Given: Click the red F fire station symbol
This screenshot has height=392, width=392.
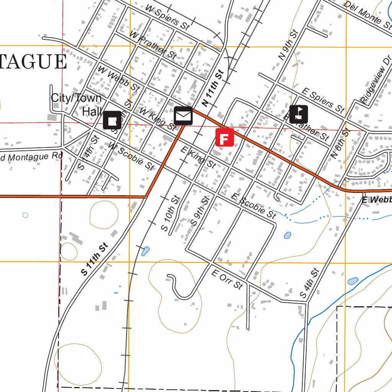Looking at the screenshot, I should tap(225, 137).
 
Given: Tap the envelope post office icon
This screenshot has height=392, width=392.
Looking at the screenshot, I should tap(183, 116).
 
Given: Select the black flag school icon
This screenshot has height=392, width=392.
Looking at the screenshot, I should tap(299, 114).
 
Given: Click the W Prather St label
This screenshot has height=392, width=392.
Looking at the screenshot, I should tap(153, 45).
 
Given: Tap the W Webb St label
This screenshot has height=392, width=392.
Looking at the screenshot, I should tap(118, 78).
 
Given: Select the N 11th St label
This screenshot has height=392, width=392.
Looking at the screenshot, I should tap(212, 88).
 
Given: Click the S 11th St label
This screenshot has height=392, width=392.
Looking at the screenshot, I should tap(95, 259).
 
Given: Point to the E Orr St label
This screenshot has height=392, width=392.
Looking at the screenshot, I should tap(227, 279).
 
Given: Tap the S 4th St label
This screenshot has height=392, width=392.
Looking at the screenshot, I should tap(309, 284).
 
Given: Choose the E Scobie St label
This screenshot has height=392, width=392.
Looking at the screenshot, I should tap(253, 206).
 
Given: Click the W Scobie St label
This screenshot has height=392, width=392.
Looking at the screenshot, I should tap(131, 156).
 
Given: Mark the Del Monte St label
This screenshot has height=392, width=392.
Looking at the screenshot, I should tap(368, 13).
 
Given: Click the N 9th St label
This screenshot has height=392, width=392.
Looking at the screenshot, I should tap(288, 45).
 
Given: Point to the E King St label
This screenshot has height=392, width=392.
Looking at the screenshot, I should tap(198, 157).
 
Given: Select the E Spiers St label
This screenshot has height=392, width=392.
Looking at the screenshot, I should tap(322, 101).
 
